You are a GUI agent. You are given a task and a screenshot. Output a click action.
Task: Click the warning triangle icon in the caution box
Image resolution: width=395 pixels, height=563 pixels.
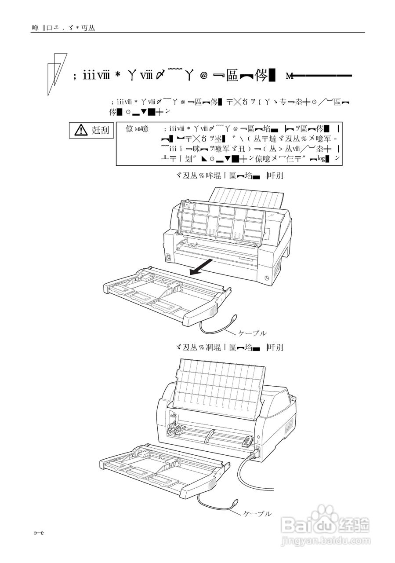81,130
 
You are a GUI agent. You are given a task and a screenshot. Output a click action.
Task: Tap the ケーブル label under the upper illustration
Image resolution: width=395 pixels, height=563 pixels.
252,333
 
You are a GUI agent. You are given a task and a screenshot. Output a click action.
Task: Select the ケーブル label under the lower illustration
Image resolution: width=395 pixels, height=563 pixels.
257,513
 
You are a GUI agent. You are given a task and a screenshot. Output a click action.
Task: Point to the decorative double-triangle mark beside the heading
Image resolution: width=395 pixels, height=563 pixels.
56,73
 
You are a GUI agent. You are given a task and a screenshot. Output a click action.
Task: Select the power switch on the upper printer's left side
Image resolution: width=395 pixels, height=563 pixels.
167,257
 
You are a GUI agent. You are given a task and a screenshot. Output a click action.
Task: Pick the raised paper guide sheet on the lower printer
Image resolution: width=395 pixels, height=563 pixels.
220,383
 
